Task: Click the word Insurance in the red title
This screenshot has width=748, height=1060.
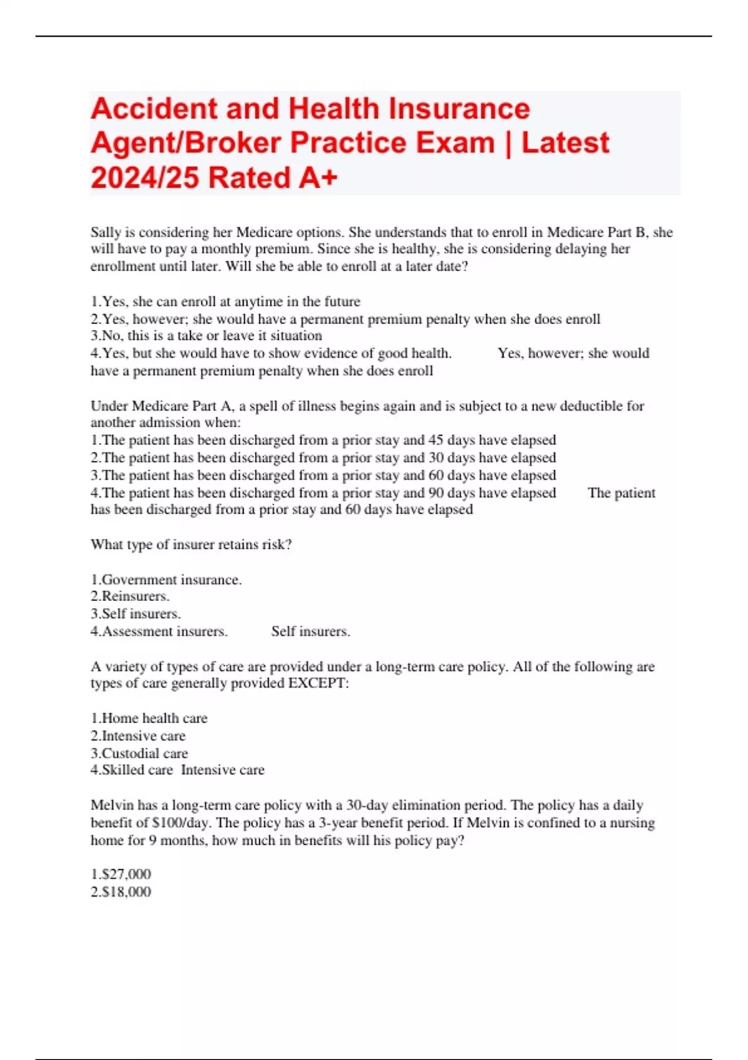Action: click(x=459, y=108)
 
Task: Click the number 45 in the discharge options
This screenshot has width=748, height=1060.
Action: click(x=436, y=440)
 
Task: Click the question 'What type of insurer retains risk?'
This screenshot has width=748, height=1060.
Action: click(x=191, y=544)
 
